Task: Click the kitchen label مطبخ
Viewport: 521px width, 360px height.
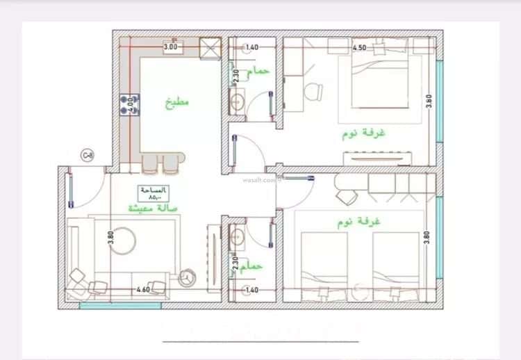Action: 176,102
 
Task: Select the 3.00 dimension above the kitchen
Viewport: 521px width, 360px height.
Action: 170,47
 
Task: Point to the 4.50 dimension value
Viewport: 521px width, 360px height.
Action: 359,48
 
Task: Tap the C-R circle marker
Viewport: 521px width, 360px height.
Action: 88,155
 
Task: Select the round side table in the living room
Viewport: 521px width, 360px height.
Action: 187,277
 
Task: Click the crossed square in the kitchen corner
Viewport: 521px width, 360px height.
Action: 208,47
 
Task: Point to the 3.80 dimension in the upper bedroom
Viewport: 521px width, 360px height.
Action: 430,101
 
